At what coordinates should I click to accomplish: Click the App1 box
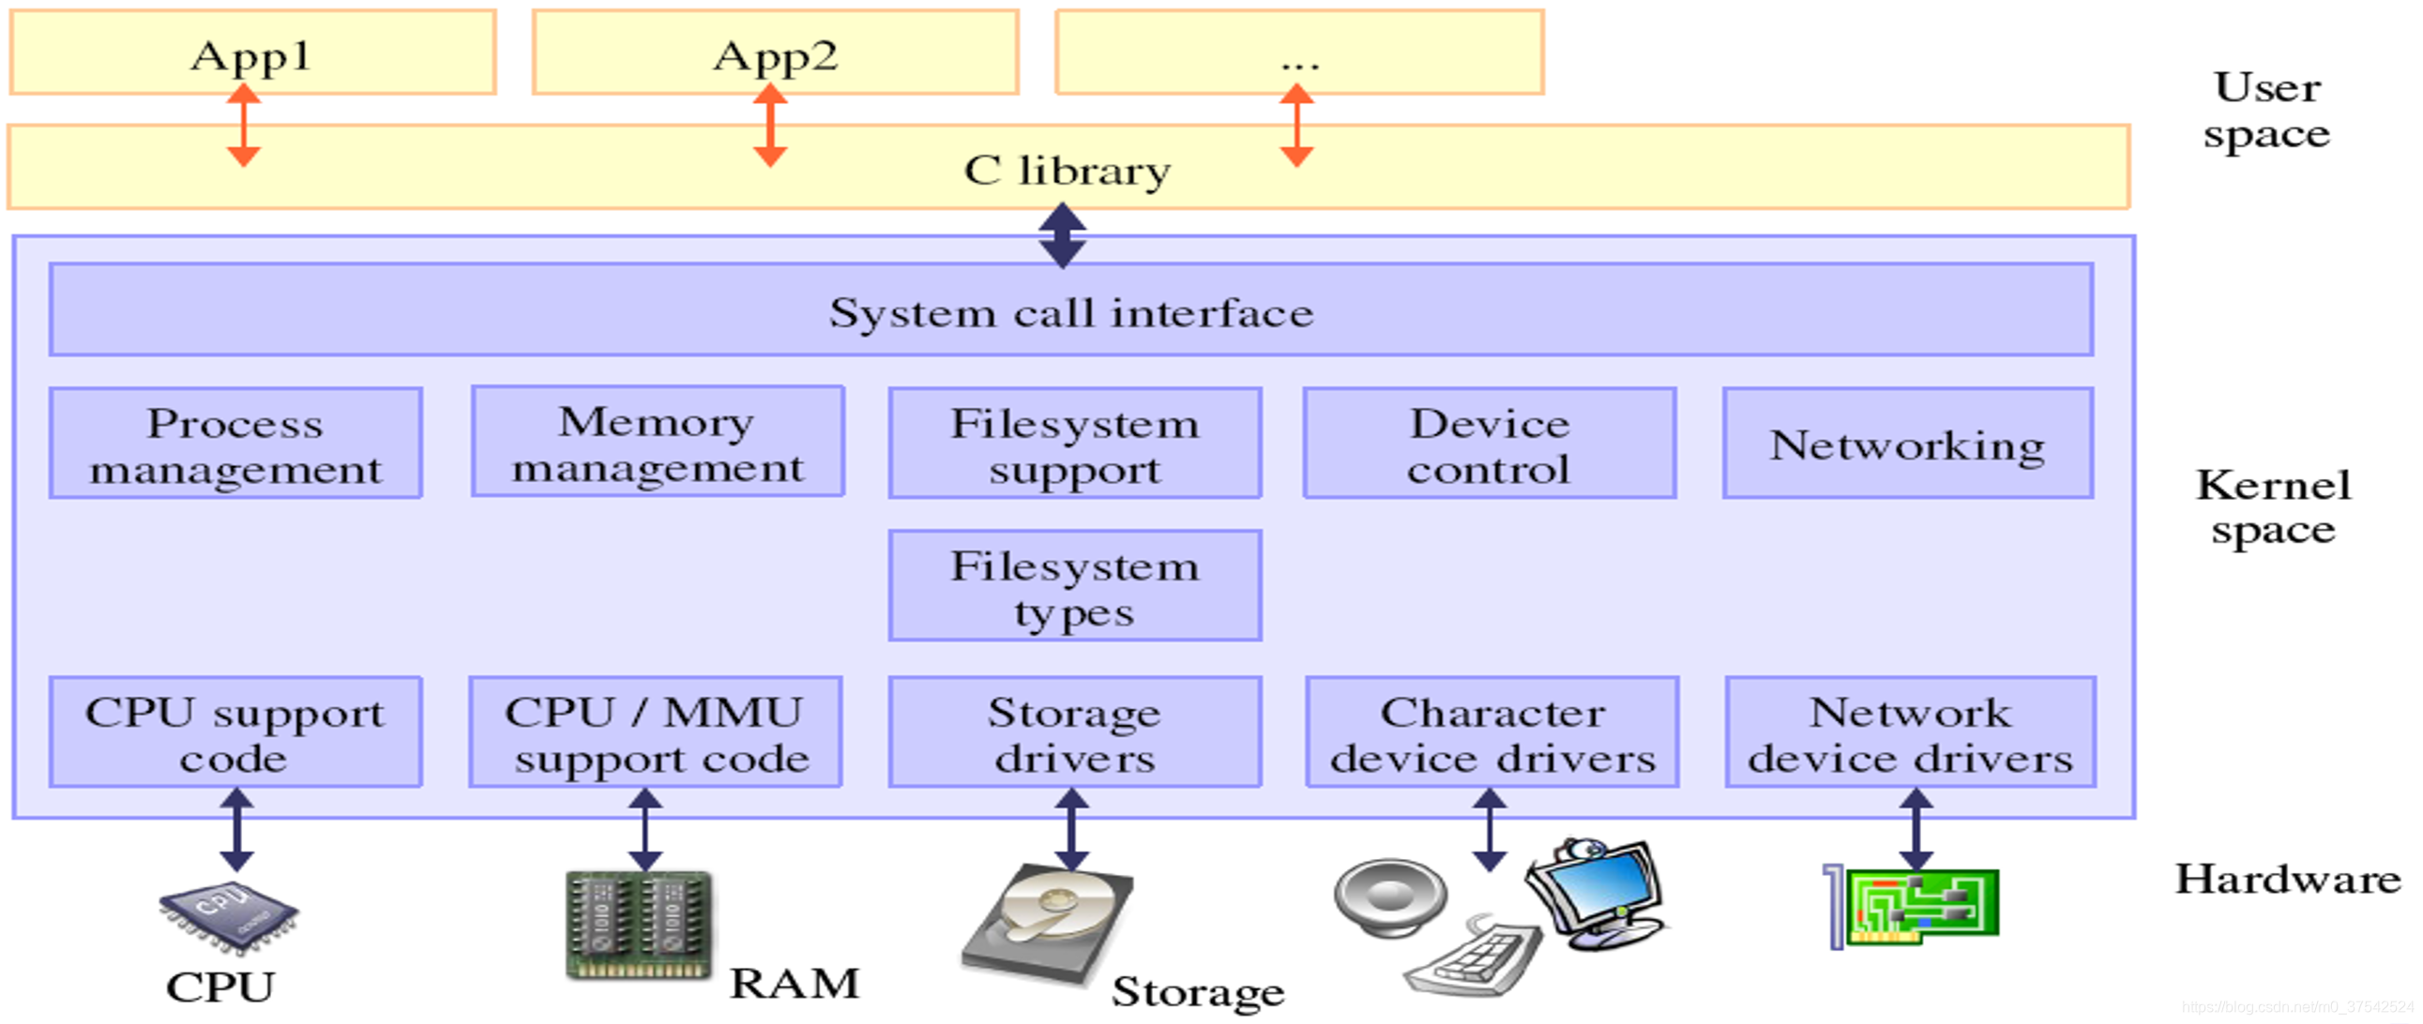click(252, 53)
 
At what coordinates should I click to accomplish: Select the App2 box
click(775, 53)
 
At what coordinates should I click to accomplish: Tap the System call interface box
click(1070, 310)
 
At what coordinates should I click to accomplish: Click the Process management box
click(235, 444)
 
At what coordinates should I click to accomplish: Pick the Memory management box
click(657, 442)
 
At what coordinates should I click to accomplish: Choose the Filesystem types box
click(1074, 587)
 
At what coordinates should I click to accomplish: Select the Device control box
click(1489, 444)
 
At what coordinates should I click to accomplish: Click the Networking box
click(1908, 444)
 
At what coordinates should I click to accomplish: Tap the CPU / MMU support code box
click(656, 732)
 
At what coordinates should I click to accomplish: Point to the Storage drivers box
click(1074, 732)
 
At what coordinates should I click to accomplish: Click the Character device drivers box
click(1492, 732)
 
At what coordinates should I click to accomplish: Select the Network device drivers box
click(1911, 732)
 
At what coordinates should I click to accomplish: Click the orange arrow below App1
click(244, 125)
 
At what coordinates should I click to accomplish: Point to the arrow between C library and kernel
click(1063, 235)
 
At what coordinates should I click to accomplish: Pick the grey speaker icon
click(1390, 898)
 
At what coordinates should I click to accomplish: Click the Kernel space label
click(2273, 507)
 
